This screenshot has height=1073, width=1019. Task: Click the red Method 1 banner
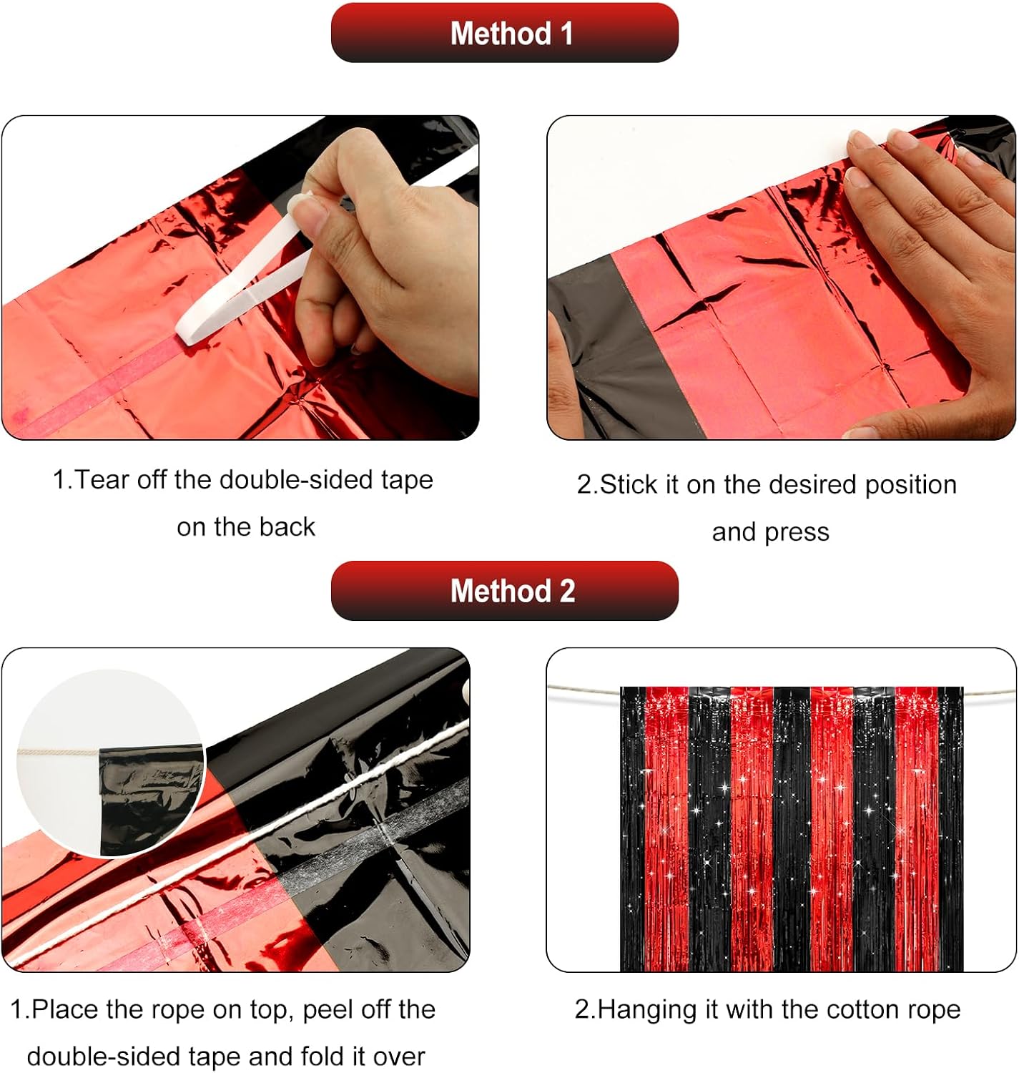click(x=504, y=33)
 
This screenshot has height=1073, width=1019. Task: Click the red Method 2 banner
click(x=504, y=591)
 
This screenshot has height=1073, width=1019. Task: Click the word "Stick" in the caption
click(x=629, y=485)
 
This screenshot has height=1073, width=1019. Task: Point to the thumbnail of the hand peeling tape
click(x=240, y=278)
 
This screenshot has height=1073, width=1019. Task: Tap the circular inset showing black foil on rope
click(x=110, y=764)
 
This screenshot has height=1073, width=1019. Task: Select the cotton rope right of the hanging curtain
click(x=989, y=692)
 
